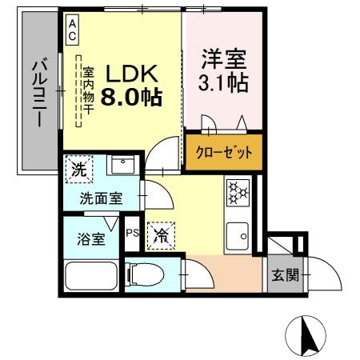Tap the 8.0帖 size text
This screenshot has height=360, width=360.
pyautogui.click(x=131, y=98)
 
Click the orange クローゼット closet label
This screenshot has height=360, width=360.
pyautogui.click(x=223, y=152)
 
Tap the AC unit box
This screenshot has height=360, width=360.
pyautogui.click(x=72, y=30)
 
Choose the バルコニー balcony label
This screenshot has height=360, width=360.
pyautogui.click(x=38, y=92)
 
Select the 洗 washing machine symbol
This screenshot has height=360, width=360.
pyautogui.click(x=78, y=169)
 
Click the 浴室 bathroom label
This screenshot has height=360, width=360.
pyautogui.click(x=90, y=238)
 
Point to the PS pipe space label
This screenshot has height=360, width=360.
pyautogui.click(x=133, y=234)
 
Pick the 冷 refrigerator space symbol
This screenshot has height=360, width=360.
pyautogui.click(x=161, y=234)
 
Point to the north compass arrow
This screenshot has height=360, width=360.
pyautogui.click(x=307, y=335)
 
